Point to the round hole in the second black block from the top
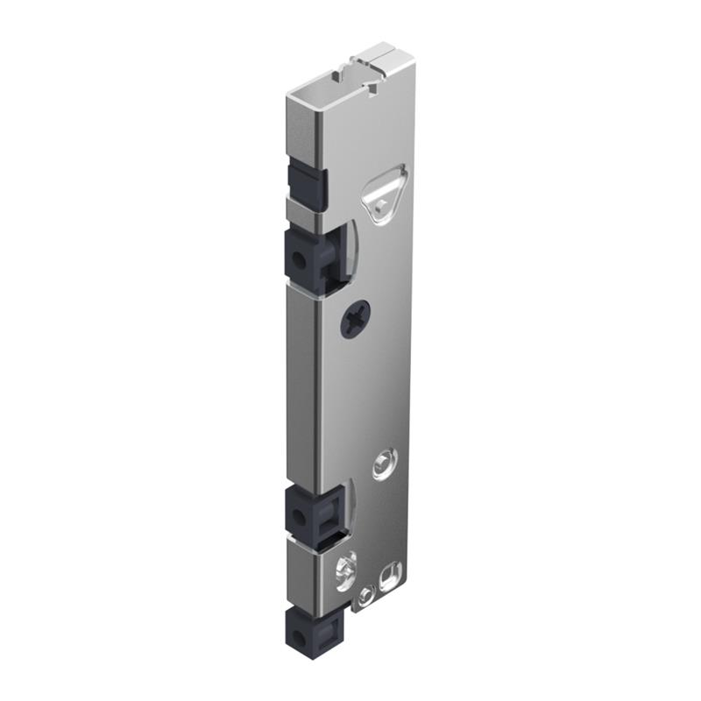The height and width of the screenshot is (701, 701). coord(299,260)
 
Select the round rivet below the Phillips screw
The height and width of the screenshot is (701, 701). coord(383,464)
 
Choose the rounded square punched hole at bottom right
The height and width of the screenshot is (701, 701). coord(386,579)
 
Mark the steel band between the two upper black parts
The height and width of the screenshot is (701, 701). coord(302,213)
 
